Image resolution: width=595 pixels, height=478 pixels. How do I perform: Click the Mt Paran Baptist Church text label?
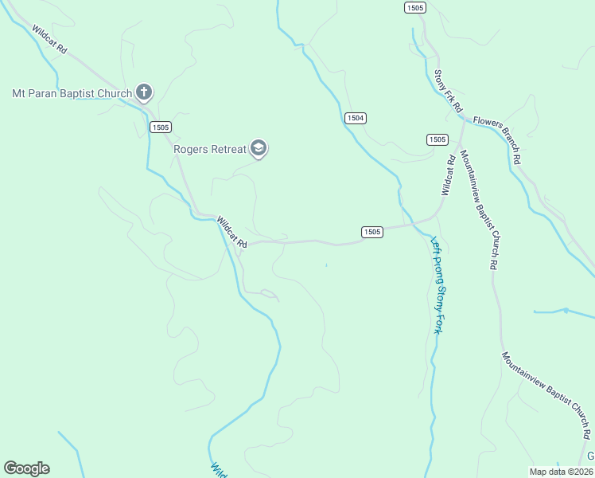[x=72, y=93]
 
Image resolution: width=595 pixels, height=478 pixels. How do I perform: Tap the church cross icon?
[x=144, y=92]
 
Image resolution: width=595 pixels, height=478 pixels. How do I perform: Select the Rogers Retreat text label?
[x=210, y=148]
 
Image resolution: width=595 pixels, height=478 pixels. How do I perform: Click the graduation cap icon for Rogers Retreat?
[x=258, y=148]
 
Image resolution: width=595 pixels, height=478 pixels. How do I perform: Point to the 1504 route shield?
[x=356, y=118]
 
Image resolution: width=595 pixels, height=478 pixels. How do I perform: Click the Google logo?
[x=26, y=468]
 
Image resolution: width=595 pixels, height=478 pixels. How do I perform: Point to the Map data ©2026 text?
[x=561, y=472]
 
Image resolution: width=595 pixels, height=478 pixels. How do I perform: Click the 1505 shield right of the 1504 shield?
[x=437, y=139]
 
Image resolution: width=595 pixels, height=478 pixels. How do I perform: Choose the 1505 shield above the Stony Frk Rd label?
[x=414, y=7]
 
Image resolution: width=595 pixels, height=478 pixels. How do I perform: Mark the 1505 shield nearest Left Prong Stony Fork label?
[x=371, y=232]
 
